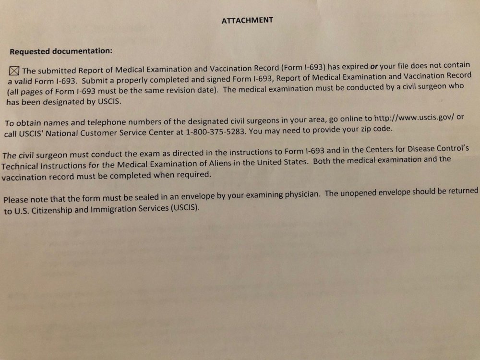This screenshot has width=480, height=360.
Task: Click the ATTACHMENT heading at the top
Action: [x=247, y=20]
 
